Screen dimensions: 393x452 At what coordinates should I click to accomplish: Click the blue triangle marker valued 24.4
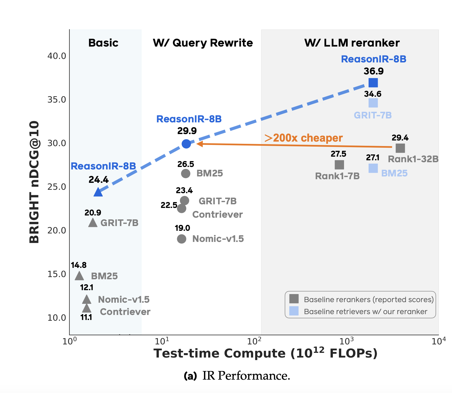[x=98, y=192]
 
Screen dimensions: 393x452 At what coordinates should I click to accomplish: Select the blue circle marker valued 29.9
[x=186, y=144]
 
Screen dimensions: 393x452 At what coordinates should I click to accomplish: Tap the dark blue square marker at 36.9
[x=373, y=83]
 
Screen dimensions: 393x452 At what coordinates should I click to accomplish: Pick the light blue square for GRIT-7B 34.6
[x=373, y=103]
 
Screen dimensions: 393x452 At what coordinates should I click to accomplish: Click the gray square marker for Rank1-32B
[x=400, y=148]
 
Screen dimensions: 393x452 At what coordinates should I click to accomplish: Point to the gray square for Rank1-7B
[x=339, y=165]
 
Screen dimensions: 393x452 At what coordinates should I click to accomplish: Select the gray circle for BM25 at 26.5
[x=186, y=174]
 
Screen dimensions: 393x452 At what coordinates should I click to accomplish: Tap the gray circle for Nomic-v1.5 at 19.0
[x=182, y=239]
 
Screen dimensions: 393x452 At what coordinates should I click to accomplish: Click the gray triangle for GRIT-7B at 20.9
[x=93, y=223]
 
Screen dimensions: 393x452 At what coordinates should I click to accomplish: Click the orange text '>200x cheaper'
[x=303, y=138]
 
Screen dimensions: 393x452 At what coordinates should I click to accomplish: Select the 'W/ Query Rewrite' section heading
[x=203, y=43]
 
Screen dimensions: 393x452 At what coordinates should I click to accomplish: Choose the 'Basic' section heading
[x=103, y=43]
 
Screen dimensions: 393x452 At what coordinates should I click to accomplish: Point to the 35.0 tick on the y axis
[x=57, y=100]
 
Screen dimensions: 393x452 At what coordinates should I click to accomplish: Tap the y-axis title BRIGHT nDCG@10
[x=34, y=182]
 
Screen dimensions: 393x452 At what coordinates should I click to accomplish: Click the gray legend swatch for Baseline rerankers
[x=294, y=299]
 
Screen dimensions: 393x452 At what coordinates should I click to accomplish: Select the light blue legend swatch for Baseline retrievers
[x=294, y=311]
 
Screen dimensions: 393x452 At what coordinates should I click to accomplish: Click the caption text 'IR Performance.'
[x=246, y=376]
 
